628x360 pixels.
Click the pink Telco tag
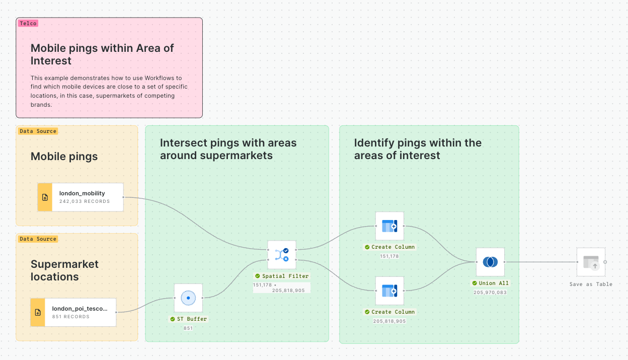(28, 23)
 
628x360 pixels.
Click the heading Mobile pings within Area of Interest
(102, 54)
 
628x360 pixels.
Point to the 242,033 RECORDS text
(85, 201)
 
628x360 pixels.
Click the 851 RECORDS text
(70, 317)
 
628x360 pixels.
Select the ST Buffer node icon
(188, 298)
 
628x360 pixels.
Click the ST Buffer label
(192, 319)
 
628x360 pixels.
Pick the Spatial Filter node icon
(282, 254)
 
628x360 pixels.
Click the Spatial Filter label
(285, 276)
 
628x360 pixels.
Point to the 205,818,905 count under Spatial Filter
(288, 291)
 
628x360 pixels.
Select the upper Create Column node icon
(389, 226)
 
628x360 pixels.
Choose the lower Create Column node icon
(389, 291)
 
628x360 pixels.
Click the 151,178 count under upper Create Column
(389, 256)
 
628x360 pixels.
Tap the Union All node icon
(490, 262)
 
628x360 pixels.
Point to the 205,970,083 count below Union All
(490, 292)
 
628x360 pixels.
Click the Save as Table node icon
(591, 262)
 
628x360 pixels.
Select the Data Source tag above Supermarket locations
(38, 239)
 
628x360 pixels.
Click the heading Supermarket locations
(64, 270)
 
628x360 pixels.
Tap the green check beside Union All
(475, 283)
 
